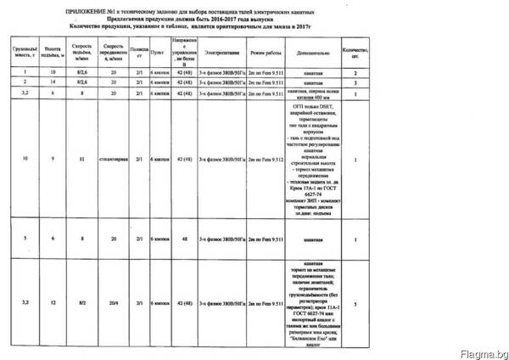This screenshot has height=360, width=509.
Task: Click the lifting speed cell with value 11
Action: tap(81, 159)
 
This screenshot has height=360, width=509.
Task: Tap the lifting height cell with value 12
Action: tap(53, 301)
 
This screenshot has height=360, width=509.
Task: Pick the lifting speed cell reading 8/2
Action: tap(81, 301)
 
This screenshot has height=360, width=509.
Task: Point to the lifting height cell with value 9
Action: tap(53, 159)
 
